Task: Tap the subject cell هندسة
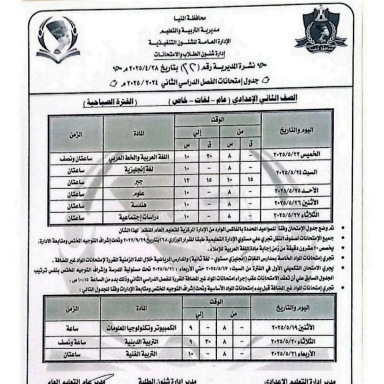coord(138,205)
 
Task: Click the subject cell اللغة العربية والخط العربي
coord(138,157)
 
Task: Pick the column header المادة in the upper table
coord(138,133)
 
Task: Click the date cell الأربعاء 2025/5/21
coord(293,354)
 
